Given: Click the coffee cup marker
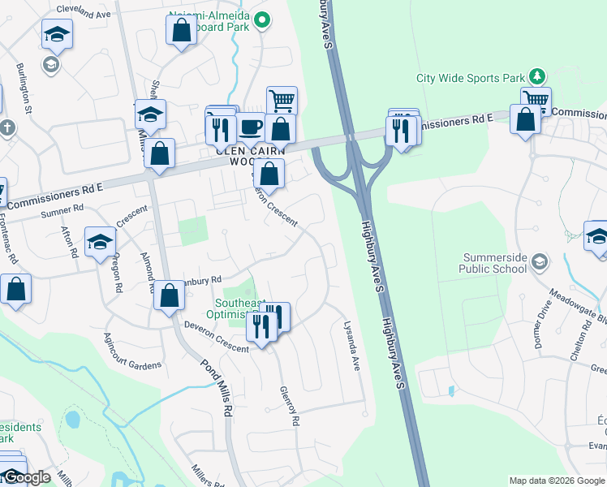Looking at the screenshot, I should [251, 128].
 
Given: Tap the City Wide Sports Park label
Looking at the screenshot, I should [471, 79].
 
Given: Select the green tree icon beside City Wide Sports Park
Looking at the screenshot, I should [536, 76].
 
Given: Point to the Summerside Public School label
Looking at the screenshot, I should [493, 263].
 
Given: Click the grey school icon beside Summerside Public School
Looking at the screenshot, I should [541, 261].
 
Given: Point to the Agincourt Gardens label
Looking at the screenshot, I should [132, 352].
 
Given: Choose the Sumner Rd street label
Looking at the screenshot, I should [69, 209].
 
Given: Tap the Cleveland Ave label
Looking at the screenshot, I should [84, 14].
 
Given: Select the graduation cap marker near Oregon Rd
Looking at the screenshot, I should [101, 241].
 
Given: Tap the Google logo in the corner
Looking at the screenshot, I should [26, 477].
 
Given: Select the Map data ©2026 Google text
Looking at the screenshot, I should [557, 481].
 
